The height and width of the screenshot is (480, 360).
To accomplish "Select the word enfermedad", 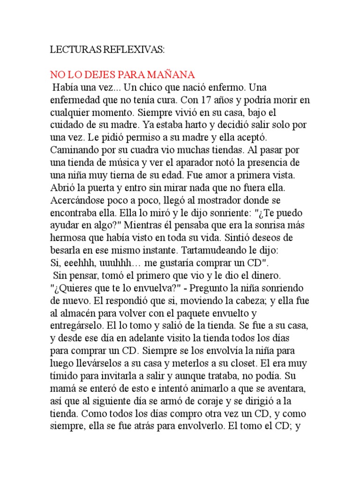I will pos(76,100).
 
